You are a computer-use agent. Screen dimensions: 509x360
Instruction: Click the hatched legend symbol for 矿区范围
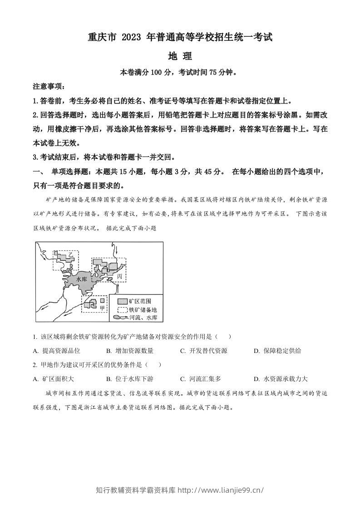click(x=122, y=301)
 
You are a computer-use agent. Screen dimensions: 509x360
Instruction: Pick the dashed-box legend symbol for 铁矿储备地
click(x=122, y=309)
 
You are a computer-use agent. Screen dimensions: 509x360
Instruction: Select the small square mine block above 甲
click(x=102, y=300)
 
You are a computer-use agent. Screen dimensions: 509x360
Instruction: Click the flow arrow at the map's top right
click(x=116, y=250)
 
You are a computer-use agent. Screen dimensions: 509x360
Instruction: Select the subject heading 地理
click(x=180, y=57)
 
